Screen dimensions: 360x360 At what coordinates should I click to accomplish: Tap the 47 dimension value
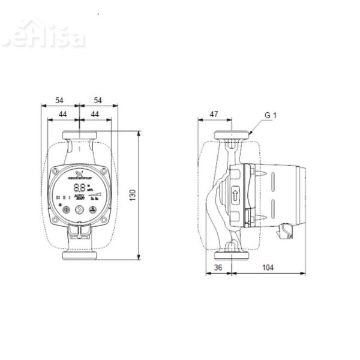(x=215, y=112)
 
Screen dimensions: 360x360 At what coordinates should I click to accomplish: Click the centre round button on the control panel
(x=79, y=210)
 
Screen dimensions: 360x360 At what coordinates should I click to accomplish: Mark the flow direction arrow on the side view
(x=234, y=194)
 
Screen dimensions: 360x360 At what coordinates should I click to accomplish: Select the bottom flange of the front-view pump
(x=79, y=256)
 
